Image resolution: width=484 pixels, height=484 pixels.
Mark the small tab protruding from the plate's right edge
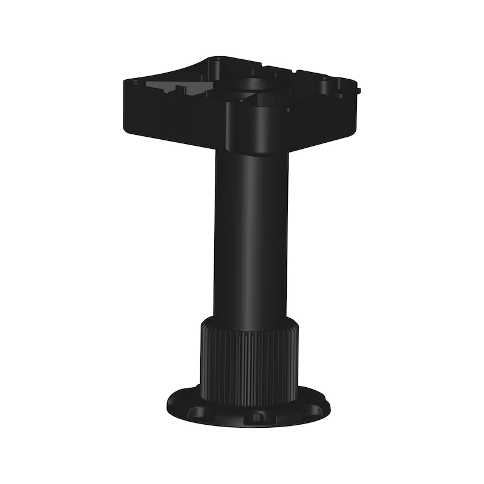(358, 91)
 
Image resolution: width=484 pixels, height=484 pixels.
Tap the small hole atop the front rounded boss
(240, 100)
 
